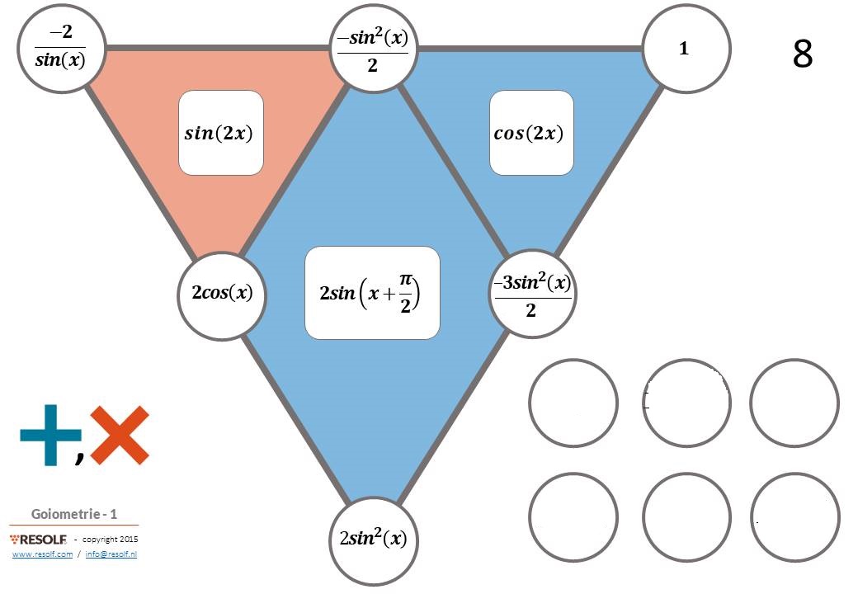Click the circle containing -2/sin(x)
click(x=61, y=48)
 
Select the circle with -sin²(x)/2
click(x=373, y=48)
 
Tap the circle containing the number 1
click(x=686, y=48)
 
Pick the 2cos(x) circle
click(x=222, y=295)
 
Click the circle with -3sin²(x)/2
click(x=532, y=294)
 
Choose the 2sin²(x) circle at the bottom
click(x=373, y=540)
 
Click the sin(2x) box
click(x=221, y=133)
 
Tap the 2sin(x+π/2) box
click(x=372, y=293)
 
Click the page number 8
click(x=802, y=54)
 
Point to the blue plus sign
click(x=51, y=435)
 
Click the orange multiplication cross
click(x=120, y=436)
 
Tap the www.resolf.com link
click(x=42, y=554)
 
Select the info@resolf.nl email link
click(x=111, y=554)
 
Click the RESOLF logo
click(x=38, y=540)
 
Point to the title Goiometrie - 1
click(x=74, y=514)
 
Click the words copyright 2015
click(x=110, y=540)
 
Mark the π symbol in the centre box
click(x=405, y=280)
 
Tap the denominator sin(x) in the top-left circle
click(x=60, y=59)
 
